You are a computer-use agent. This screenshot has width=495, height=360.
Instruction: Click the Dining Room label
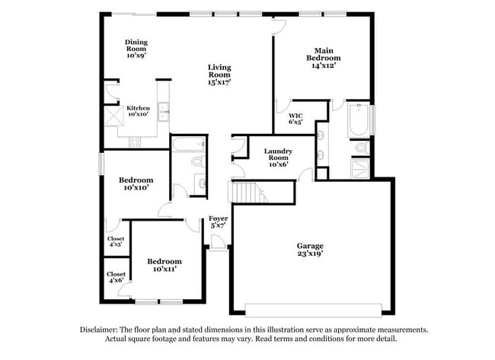pyautogui.click(x=136, y=49)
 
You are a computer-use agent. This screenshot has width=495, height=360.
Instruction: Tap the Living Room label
pyautogui.click(x=219, y=74)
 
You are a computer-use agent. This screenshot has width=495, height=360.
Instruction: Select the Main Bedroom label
pyautogui.click(x=324, y=57)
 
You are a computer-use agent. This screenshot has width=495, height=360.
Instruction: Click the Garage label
pyautogui.click(x=310, y=250)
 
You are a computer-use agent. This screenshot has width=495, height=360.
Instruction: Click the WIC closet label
pyautogui.click(x=295, y=117)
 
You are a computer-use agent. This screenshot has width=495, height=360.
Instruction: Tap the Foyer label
pyautogui.click(x=219, y=222)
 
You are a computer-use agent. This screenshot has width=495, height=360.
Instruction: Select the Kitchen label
pyautogui.click(x=138, y=110)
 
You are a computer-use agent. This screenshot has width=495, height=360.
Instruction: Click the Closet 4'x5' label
pyautogui.click(x=116, y=241)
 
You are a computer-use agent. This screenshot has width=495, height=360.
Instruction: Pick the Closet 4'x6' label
pyautogui.click(x=116, y=277)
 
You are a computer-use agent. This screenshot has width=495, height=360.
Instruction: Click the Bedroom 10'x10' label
pyautogui.click(x=136, y=183)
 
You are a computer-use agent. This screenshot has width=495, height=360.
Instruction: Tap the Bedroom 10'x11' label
pyautogui.click(x=164, y=265)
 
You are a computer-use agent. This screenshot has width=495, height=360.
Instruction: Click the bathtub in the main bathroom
pyautogui.click(x=357, y=120)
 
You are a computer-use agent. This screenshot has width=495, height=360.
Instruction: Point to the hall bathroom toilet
pyautogui.click(x=197, y=161)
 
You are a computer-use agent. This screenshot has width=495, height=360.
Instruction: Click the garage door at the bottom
pyautogui.click(x=313, y=307)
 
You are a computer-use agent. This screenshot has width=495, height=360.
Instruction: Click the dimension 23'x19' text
pyautogui.click(x=310, y=254)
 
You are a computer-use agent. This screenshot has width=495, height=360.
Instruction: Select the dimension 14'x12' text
pyautogui.click(x=324, y=65)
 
